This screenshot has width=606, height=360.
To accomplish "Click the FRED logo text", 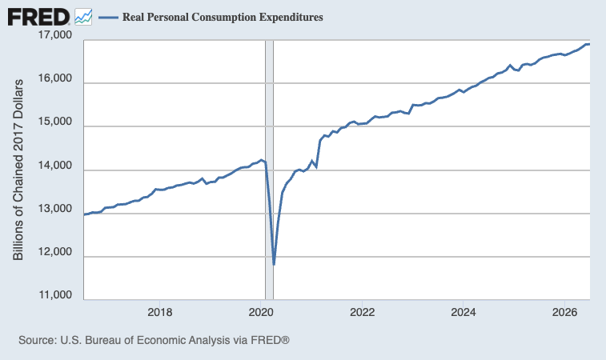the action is pyautogui.click(x=38, y=18).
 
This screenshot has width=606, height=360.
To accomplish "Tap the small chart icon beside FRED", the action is pyautogui.click(x=83, y=17).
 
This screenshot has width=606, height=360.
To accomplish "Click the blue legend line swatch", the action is pyautogui.click(x=108, y=18).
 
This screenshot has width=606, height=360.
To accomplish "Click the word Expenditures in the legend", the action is pyautogui.click(x=291, y=17).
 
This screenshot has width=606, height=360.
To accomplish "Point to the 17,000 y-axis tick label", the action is pyautogui.click(x=55, y=34).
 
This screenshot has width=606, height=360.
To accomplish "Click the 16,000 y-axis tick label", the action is pyautogui.click(x=55, y=78).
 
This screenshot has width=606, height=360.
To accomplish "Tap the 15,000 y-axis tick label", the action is pyautogui.click(x=55, y=122).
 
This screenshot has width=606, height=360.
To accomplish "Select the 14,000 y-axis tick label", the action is pyautogui.click(x=55, y=166).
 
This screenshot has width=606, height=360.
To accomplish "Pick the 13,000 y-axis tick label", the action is pyautogui.click(x=55, y=209).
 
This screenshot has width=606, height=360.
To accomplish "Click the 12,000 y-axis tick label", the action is pyautogui.click(x=55, y=252).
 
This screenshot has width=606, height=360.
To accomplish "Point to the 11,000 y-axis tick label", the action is pyautogui.click(x=55, y=295).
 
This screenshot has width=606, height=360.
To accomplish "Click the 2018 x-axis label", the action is pyautogui.click(x=159, y=312).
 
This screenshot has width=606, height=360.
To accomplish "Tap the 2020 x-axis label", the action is pyautogui.click(x=261, y=312).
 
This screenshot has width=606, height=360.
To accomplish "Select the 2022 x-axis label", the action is pyautogui.click(x=362, y=312).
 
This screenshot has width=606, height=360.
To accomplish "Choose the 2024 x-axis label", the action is pyautogui.click(x=464, y=312).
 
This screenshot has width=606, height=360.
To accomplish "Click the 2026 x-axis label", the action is pyautogui.click(x=564, y=312).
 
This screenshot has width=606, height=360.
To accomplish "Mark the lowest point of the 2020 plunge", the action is pyautogui.click(x=274, y=264).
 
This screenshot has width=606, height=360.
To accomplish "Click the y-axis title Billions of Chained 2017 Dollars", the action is pyautogui.click(x=18, y=170).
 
